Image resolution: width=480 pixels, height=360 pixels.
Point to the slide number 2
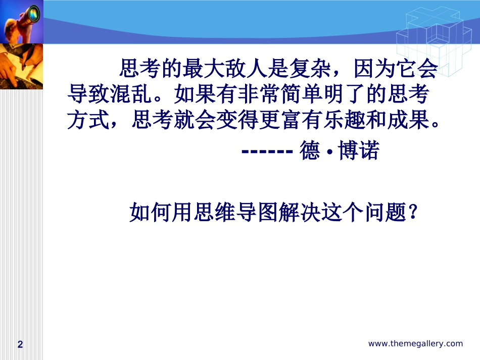(x=20, y=344)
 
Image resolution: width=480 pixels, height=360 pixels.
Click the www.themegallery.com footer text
(x=415, y=344)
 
